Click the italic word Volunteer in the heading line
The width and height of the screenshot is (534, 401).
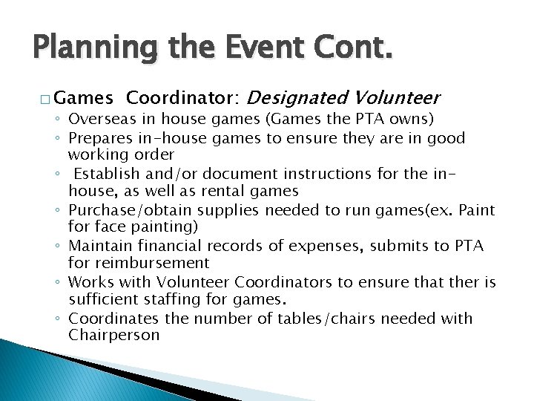(398, 97)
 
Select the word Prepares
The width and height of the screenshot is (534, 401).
(98, 138)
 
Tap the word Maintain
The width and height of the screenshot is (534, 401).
(98, 246)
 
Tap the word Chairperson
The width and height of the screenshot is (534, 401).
(113, 335)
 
